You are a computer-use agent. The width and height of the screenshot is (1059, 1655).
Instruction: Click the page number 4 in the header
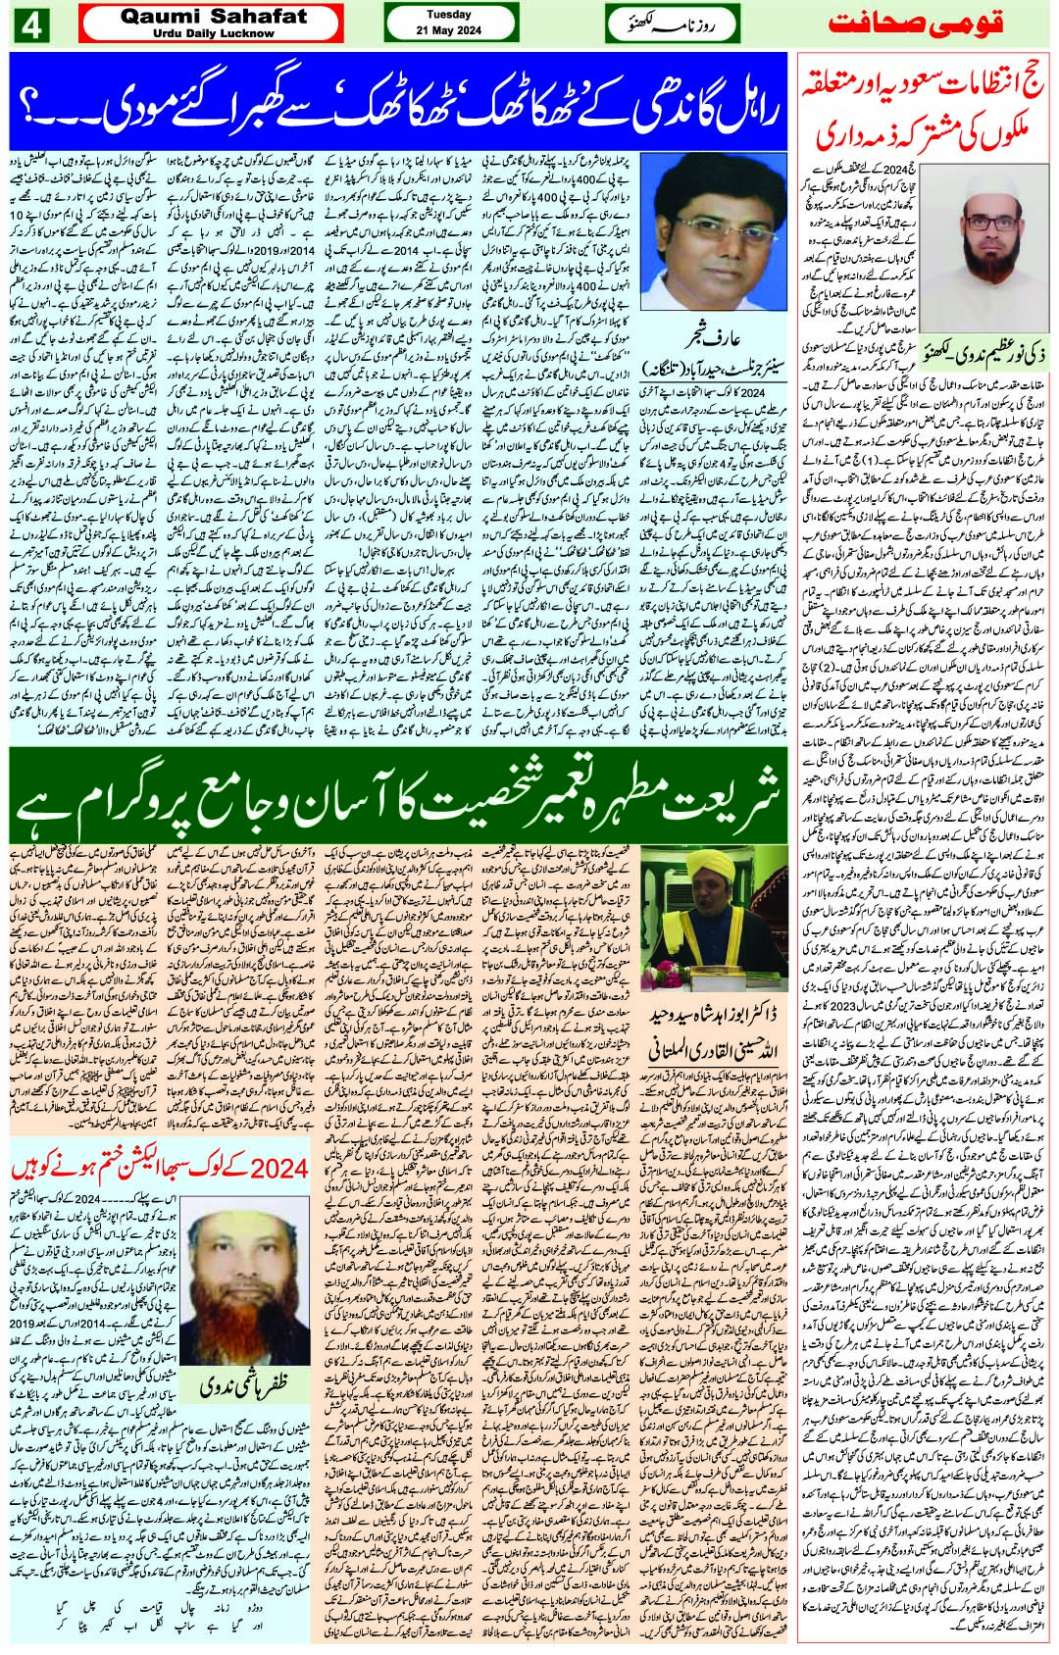[29, 25]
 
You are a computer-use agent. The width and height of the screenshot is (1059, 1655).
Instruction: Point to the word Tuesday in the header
[449, 16]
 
